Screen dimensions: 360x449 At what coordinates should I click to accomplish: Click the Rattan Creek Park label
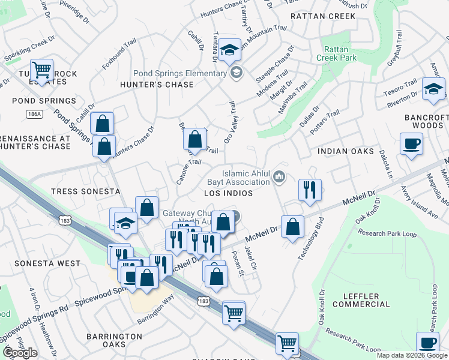pyautogui.click(x=340, y=53)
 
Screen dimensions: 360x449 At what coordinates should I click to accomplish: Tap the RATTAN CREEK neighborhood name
pyautogui.click(x=323, y=16)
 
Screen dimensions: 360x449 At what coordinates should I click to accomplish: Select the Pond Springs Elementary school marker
pyautogui.click(x=237, y=73)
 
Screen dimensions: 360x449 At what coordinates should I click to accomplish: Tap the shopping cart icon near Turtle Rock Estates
pyautogui.click(x=41, y=70)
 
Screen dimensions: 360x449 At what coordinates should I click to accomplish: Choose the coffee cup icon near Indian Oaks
pyautogui.click(x=411, y=144)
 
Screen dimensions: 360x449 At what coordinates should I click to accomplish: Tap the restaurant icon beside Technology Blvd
pyautogui.click(x=310, y=190)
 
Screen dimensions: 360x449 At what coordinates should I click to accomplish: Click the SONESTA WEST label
pyautogui.click(x=47, y=263)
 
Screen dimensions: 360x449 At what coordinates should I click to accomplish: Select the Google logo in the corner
pyautogui.click(x=20, y=353)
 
